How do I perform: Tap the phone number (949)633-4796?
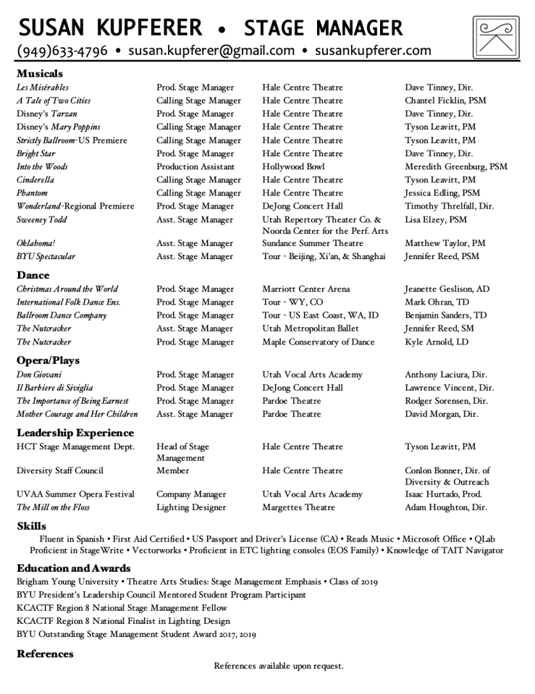tap(62, 51)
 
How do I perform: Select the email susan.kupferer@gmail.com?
tap(211, 51)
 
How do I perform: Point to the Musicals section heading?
tap(40, 74)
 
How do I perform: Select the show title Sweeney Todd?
tap(43, 219)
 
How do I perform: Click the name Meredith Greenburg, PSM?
tap(456, 166)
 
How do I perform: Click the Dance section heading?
tap(33, 275)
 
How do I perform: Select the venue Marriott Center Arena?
tap(306, 289)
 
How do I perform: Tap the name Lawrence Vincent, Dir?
tap(446, 388)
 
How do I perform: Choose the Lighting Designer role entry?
tap(191, 507)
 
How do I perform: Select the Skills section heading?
tap(31, 526)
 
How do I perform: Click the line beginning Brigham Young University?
tap(196, 582)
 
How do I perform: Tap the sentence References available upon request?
tap(279, 666)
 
